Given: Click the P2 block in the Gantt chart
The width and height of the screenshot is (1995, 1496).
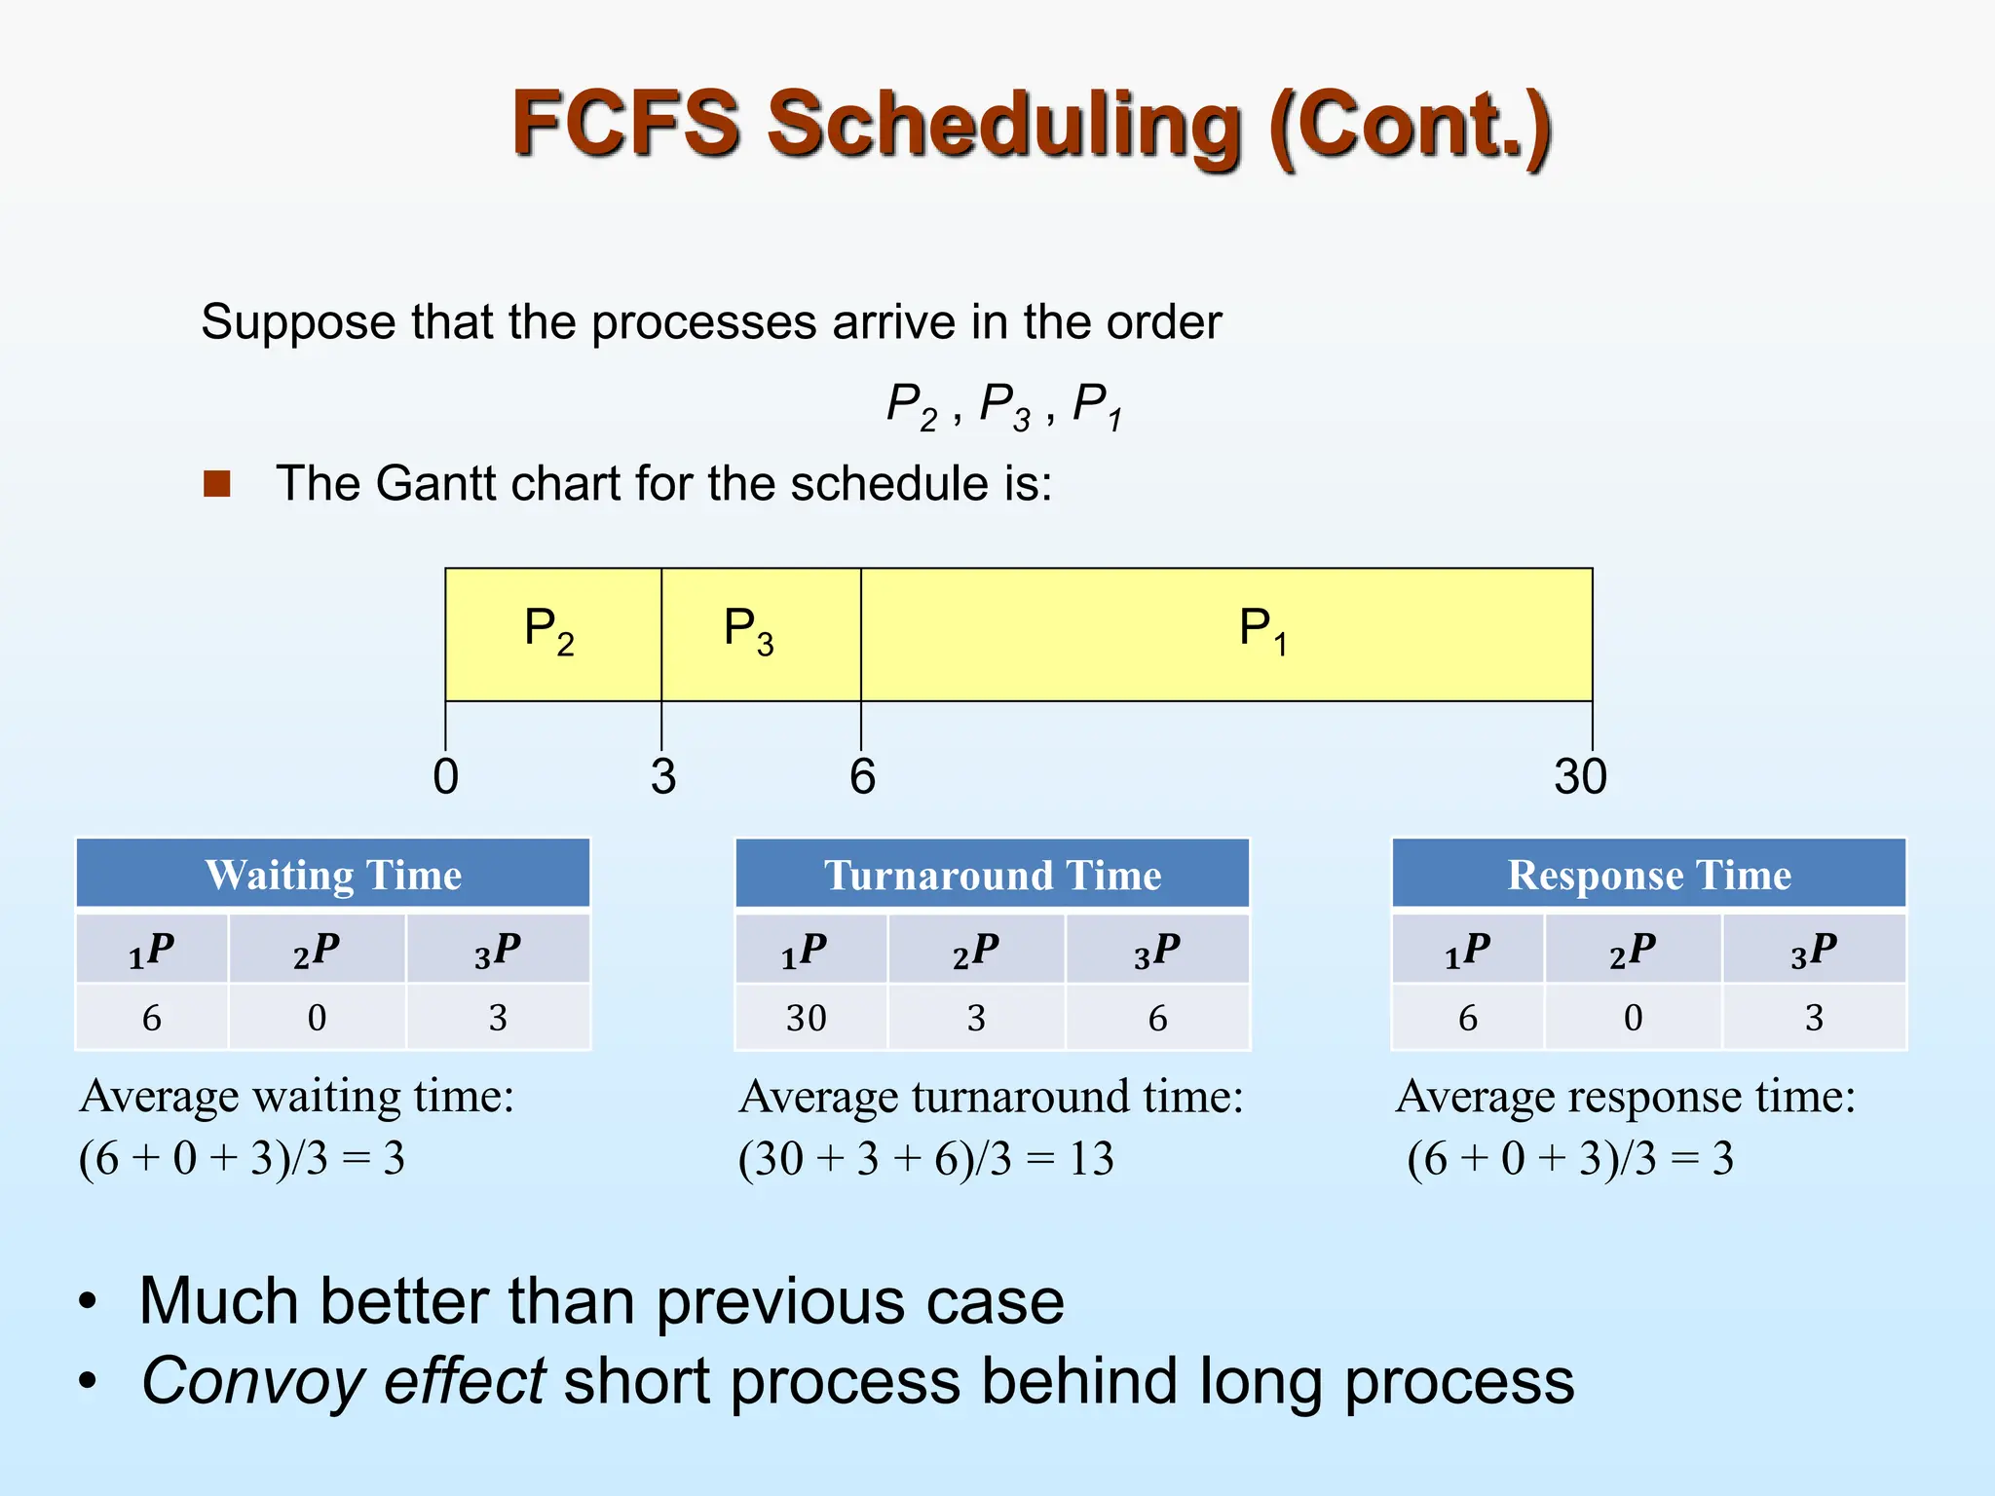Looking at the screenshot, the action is coord(552,633).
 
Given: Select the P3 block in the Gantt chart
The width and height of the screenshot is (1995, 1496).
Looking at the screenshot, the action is coord(760,633).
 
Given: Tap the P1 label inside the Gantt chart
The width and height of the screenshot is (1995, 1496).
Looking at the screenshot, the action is coord(1262,630).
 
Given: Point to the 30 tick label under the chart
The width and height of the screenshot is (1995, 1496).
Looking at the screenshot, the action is coord(1580,776).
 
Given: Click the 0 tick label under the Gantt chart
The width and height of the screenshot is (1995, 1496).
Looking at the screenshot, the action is coord(445,776).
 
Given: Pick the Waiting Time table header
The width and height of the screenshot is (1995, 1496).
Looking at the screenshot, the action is coord(333,875).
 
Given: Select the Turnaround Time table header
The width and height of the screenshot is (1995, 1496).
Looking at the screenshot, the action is coord(993,875).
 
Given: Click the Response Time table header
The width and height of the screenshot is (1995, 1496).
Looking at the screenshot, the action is coord(1649,875).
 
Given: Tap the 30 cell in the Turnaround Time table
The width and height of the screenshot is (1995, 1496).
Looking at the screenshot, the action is coord(807,1018).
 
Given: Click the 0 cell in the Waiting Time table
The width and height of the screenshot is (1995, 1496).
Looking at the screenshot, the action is coord(317,1018).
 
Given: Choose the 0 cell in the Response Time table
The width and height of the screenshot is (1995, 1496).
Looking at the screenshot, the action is coord(1633,1018).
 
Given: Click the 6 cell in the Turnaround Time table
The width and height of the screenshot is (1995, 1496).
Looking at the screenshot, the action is coord(1157,1018).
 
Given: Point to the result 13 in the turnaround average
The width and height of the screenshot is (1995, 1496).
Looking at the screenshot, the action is coord(1091,1159).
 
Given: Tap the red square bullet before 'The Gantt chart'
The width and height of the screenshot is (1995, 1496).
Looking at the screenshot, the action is coord(217,483).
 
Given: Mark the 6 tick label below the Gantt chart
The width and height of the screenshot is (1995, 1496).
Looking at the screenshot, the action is coord(862,776).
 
